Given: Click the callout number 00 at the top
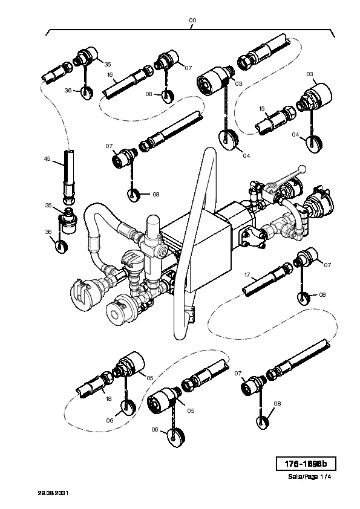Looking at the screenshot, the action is [192, 20].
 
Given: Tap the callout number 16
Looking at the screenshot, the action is [110, 75].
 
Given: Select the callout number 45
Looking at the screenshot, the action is [47, 159].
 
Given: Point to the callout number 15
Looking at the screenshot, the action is [262, 108].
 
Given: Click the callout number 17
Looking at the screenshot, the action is [247, 275].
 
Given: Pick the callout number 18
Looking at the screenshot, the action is [108, 398].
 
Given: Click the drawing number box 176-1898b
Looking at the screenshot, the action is [306, 464].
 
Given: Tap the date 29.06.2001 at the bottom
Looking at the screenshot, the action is [53, 493].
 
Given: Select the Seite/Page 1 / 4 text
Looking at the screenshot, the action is [310, 477].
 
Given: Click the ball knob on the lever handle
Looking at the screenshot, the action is [302, 169].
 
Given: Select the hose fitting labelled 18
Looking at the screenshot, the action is [94, 384].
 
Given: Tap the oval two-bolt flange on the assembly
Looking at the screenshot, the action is [252, 236].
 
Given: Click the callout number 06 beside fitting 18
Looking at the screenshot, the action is [110, 420].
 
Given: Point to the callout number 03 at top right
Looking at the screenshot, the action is [310, 74].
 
